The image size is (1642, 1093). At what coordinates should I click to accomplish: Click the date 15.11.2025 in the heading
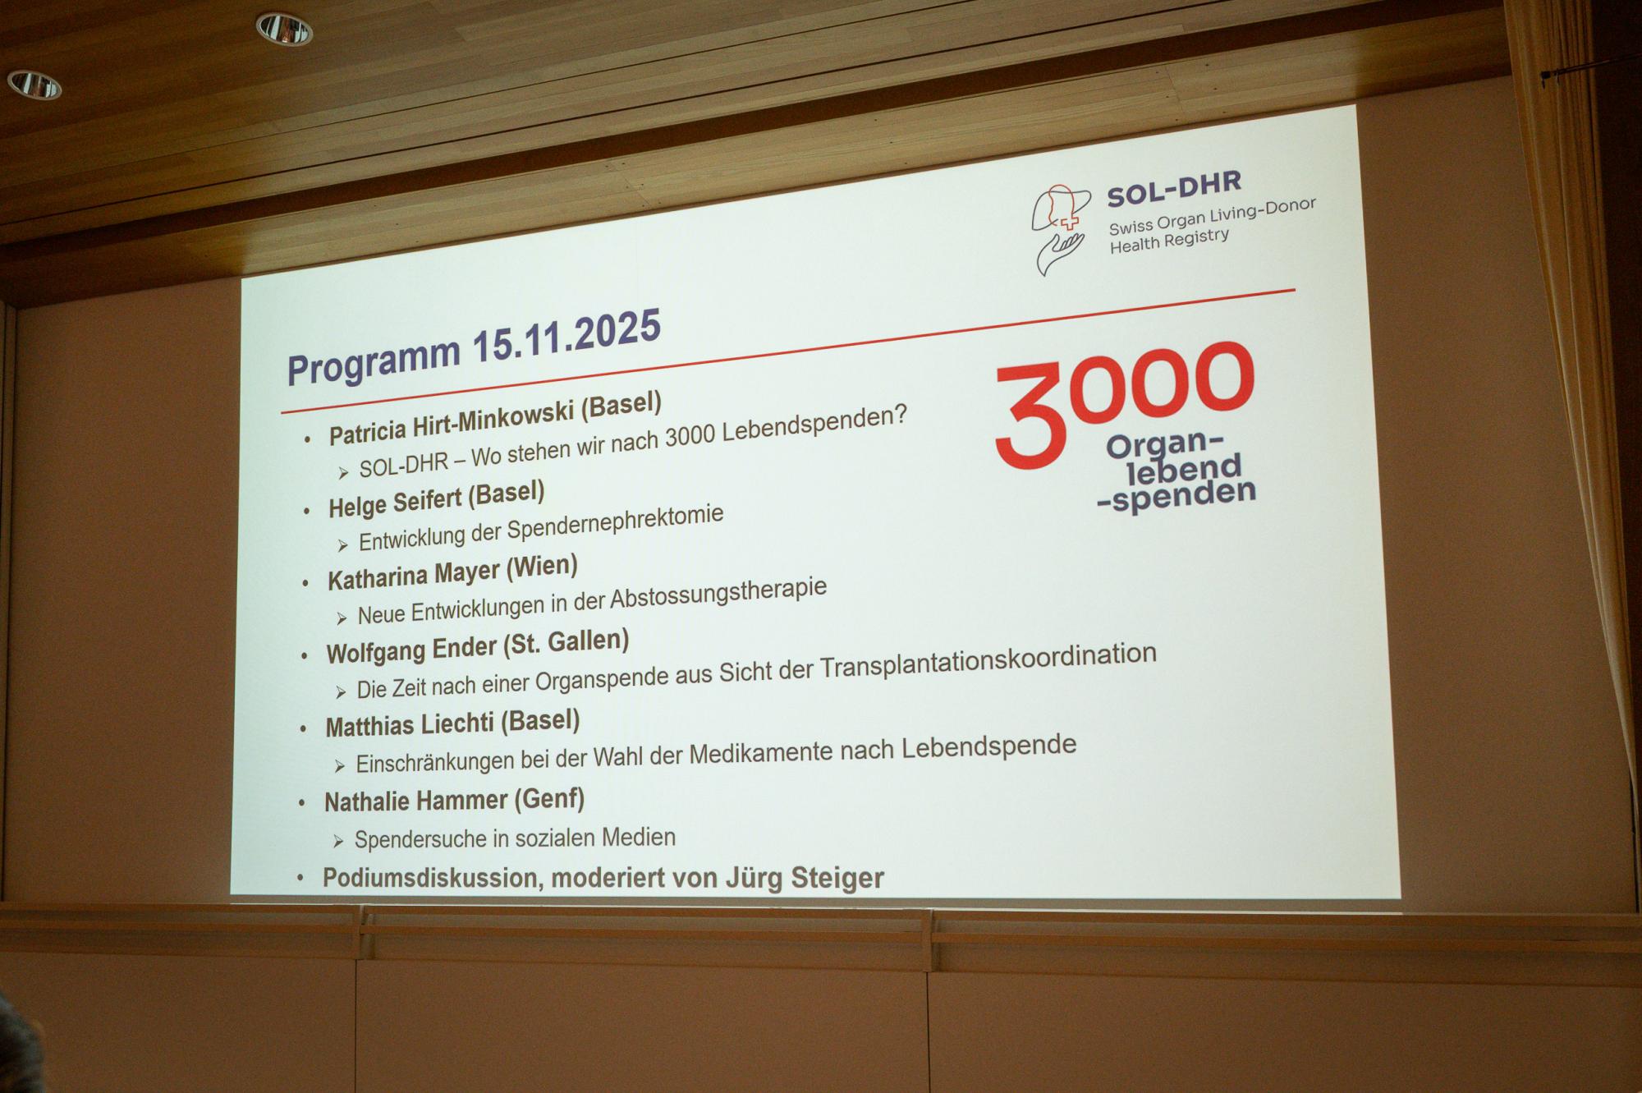566,338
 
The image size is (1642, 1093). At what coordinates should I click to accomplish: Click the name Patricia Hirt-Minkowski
451,421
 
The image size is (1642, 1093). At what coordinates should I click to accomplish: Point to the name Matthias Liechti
410,726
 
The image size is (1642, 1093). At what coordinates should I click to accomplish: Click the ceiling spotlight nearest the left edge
34,84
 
